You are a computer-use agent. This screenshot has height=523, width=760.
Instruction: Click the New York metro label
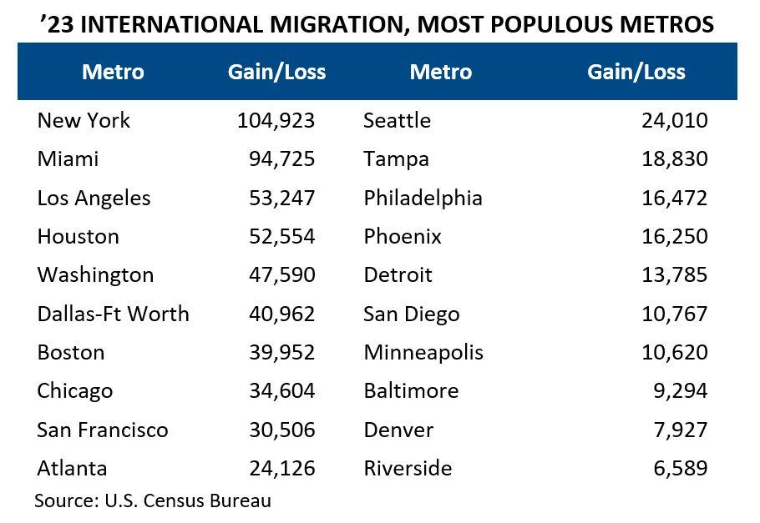tap(84, 120)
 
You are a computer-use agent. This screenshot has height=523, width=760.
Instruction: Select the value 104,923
tap(276, 120)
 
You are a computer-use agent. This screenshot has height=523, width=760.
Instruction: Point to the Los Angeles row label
tap(94, 198)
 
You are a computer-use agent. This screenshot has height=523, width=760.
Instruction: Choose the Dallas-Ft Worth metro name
tap(113, 314)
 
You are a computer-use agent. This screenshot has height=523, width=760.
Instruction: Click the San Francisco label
tap(102, 430)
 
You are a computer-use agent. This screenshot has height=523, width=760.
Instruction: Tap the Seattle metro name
tap(397, 120)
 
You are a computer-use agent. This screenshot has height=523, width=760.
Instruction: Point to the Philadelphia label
tap(423, 198)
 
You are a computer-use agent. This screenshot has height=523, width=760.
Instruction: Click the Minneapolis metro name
tap(423, 352)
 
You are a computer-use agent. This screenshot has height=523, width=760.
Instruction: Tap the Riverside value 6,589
tap(680, 468)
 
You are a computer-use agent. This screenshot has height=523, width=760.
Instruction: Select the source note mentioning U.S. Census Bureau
tap(153, 501)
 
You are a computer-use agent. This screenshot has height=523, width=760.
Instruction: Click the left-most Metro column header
tap(113, 72)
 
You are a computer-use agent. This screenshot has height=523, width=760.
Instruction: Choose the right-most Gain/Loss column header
tap(636, 72)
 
